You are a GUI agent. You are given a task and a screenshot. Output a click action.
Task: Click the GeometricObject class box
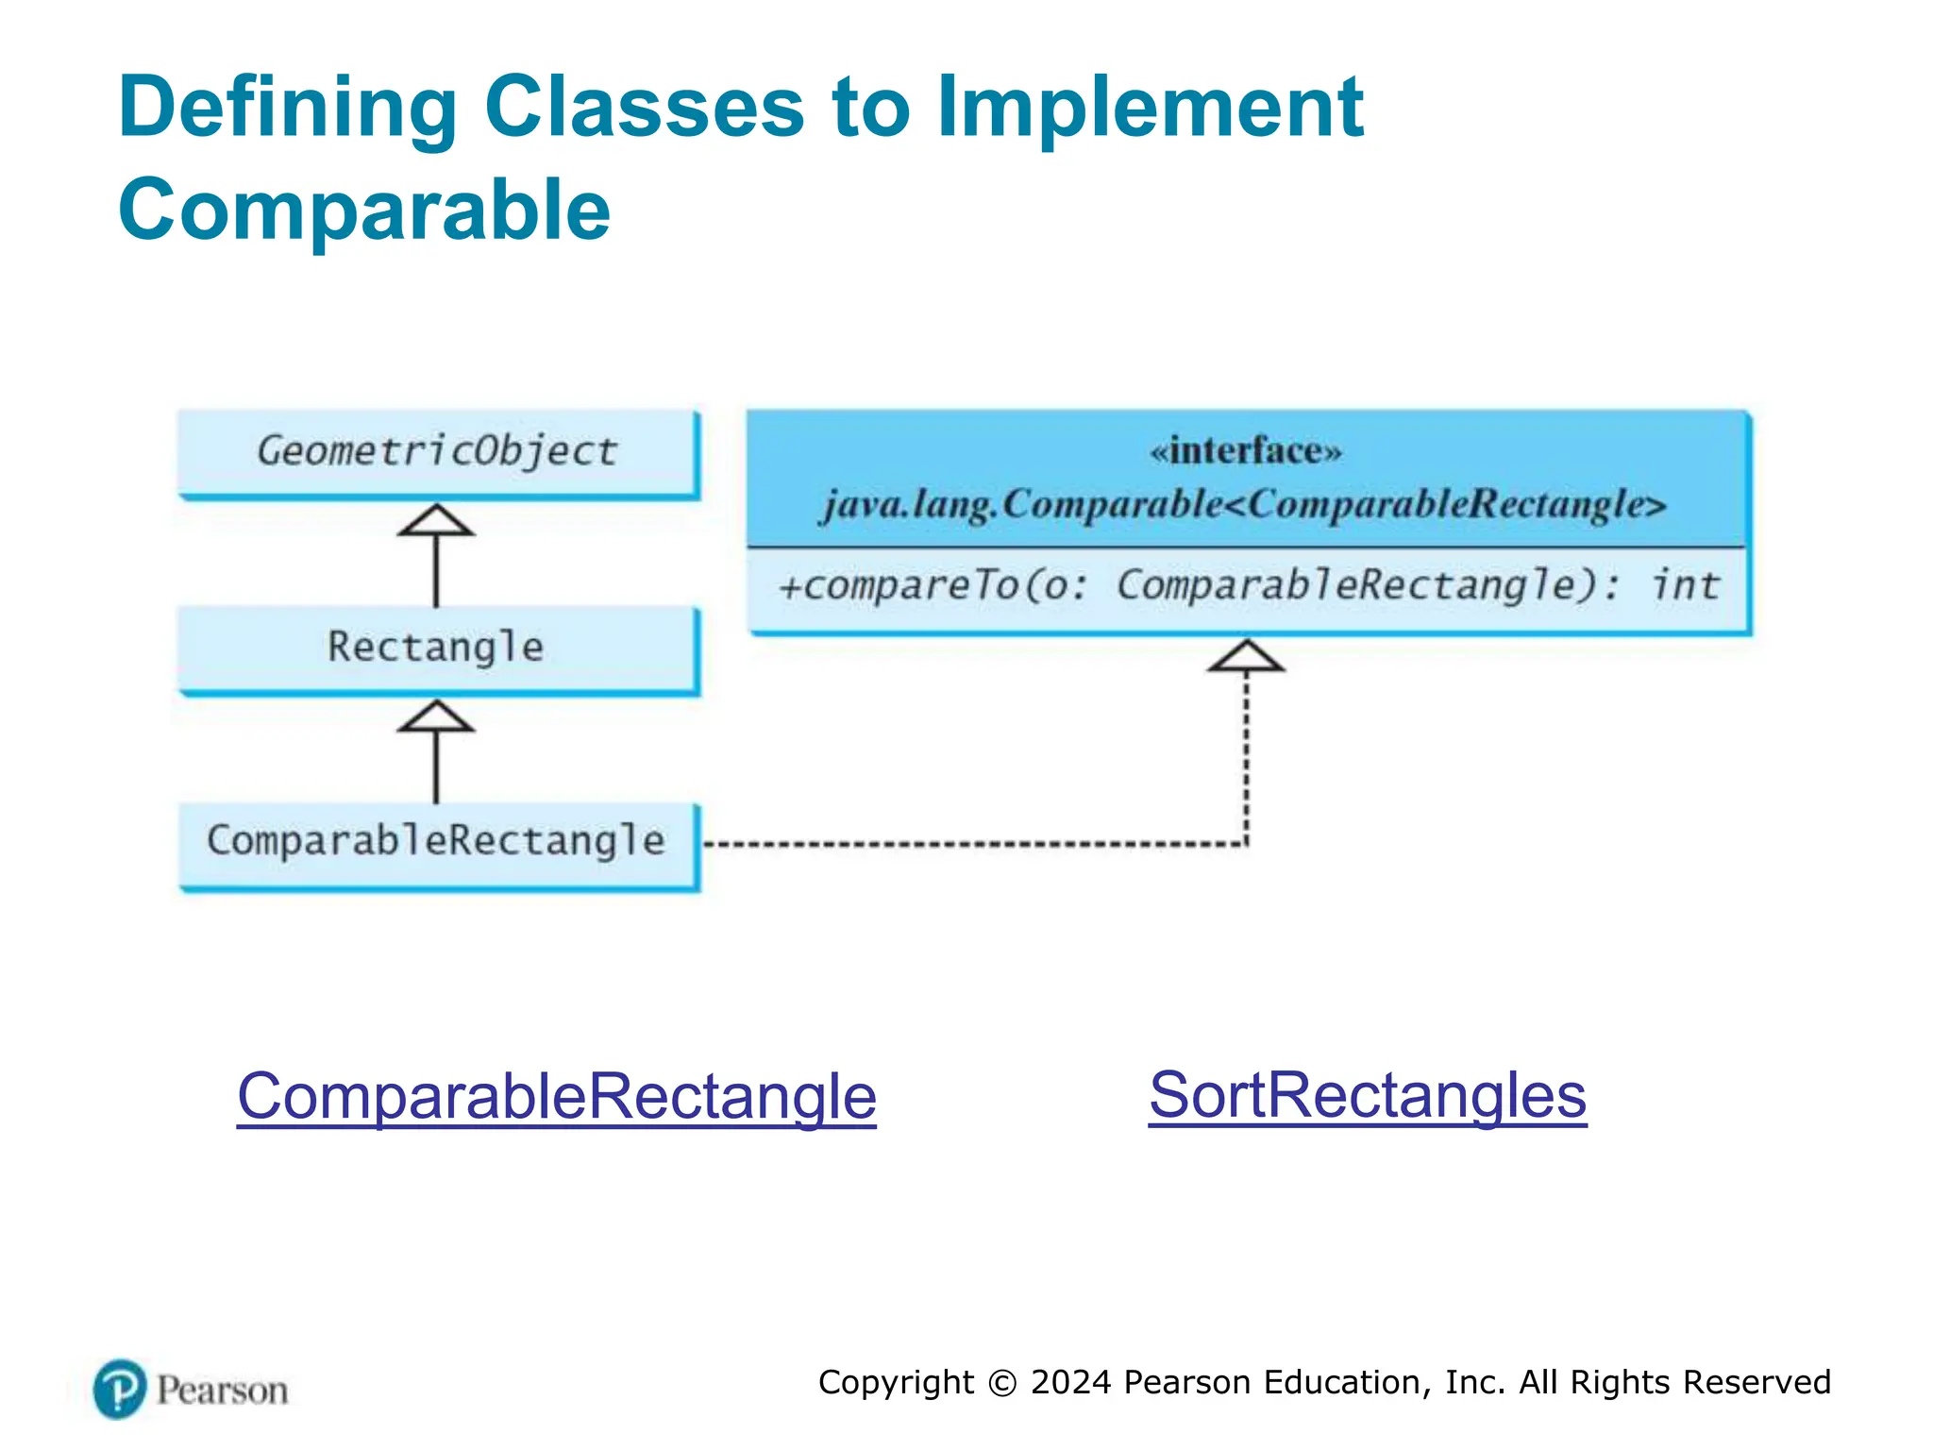(437, 451)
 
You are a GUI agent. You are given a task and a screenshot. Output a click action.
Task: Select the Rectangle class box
(437, 648)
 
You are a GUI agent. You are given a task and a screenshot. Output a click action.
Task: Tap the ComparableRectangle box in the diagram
(437, 841)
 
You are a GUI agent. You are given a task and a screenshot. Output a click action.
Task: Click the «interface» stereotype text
(1245, 451)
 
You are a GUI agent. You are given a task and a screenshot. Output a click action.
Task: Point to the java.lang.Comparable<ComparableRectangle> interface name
(1245, 504)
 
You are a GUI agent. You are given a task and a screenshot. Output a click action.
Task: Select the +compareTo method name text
(897, 586)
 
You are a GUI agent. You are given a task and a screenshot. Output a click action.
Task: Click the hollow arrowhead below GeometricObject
(435, 521)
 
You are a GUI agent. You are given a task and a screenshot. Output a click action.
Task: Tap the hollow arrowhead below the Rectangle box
(435, 717)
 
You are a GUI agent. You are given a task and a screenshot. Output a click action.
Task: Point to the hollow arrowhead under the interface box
(1246, 656)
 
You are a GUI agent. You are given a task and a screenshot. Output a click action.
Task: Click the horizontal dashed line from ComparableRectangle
(972, 843)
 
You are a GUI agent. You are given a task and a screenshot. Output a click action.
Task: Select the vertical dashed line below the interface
(1246, 755)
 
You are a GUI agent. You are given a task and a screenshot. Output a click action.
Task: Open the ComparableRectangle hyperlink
(556, 1096)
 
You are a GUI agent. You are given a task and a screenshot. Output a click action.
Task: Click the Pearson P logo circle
(120, 1389)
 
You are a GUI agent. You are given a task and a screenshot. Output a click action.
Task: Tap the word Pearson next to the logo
(222, 1391)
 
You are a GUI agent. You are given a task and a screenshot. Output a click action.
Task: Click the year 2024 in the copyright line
(1070, 1382)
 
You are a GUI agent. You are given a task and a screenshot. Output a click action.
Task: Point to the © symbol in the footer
(1002, 1383)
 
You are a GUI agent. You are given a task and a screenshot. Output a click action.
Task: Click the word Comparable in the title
(364, 210)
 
